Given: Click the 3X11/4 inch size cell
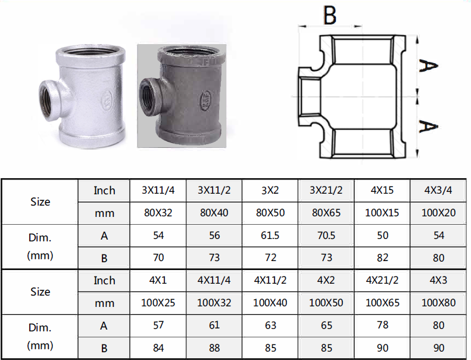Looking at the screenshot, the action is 158,190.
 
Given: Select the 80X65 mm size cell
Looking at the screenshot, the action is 326,213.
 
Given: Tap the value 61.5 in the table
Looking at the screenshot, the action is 270,235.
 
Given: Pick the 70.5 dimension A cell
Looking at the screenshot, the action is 326,235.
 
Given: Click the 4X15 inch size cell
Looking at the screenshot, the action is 382,190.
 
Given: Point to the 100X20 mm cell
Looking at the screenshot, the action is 438,213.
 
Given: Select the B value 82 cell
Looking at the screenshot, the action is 382,257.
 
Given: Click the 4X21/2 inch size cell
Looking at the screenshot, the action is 382,280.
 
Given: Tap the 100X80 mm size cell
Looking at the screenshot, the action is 438,303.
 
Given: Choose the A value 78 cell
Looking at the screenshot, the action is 382,325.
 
